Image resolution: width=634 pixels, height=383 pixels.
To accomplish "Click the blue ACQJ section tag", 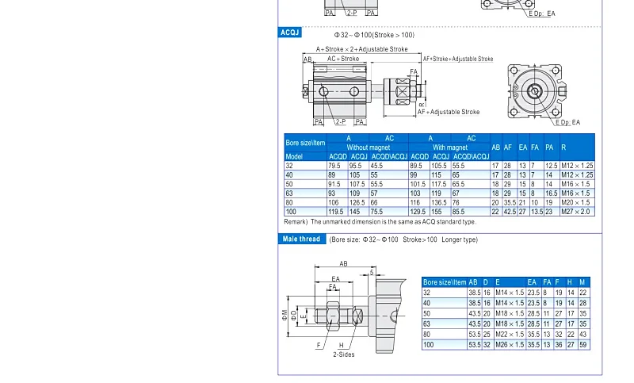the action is (289, 33).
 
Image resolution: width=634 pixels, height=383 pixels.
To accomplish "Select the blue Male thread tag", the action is (301, 239).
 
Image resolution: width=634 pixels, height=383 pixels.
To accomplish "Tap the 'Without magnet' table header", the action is (368, 147).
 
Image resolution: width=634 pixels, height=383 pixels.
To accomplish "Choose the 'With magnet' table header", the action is (449, 147).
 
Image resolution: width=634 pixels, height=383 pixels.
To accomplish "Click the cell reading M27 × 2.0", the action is (577, 212).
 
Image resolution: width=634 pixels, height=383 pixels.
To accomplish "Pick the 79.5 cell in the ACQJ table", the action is (334, 166).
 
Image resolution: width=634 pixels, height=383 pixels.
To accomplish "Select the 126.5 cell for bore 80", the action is (357, 202).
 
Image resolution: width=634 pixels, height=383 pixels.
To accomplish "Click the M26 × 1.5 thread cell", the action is (510, 345).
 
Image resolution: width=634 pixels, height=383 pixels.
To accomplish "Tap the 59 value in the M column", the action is (582, 345).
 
